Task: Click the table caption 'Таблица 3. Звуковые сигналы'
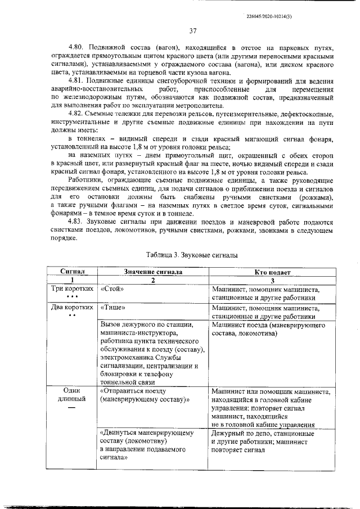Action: click(x=192, y=255)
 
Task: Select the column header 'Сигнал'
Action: click(x=72, y=272)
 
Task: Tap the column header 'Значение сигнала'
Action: click(x=153, y=272)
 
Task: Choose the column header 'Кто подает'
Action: click(x=272, y=272)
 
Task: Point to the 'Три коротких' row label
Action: click(x=72, y=289)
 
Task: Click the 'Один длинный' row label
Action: click(x=72, y=395)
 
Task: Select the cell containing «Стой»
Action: click(x=112, y=289)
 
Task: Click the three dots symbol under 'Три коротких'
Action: click(x=71, y=297)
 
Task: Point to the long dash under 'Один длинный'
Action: click(x=71, y=408)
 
